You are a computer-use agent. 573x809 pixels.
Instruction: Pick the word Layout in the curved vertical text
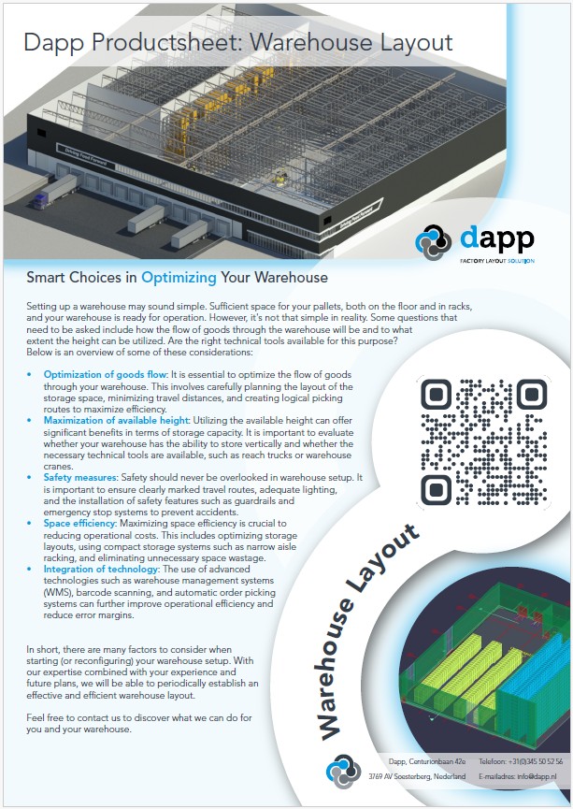380,571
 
